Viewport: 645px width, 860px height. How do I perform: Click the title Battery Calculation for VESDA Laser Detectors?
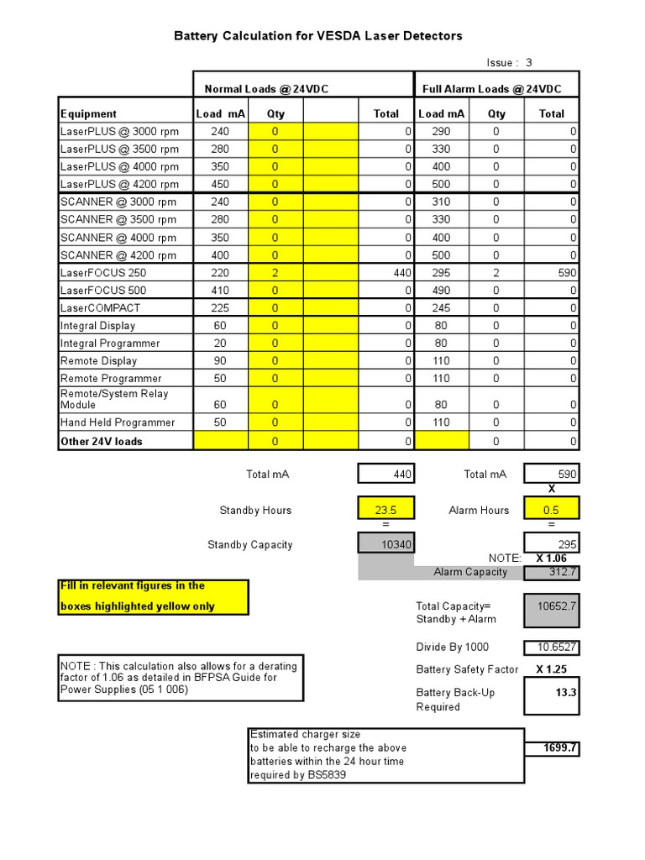(x=317, y=36)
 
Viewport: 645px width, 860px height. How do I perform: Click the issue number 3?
(x=529, y=63)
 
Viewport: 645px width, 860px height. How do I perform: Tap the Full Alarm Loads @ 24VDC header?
(x=491, y=89)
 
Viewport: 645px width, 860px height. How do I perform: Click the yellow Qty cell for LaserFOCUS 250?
(x=275, y=273)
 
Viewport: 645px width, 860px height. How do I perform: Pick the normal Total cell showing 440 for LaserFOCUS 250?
(x=387, y=273)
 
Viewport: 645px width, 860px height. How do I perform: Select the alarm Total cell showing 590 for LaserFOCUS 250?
(x=552, y=273)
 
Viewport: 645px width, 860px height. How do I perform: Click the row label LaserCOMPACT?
(x=100, y=308)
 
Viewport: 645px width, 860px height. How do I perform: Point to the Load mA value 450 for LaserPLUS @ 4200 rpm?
(x=220, y=185)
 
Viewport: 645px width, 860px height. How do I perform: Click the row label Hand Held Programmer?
(x=118, y=422)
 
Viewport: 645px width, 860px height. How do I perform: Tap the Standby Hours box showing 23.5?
(x=386, y=510)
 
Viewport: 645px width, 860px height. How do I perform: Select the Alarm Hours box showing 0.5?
(x=552, y=510)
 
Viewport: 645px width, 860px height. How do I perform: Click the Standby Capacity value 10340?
(x=386, y=545)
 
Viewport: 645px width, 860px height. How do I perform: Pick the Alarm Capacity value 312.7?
(x=552, y=573)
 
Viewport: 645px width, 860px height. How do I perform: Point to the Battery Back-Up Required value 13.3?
(x=552, y=694)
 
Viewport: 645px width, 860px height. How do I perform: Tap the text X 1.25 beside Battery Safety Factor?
(x=551, y=669)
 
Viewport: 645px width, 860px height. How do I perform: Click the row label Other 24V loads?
(x=101, y=442)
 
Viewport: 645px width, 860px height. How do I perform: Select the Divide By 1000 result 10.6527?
(x=552, y=648)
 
